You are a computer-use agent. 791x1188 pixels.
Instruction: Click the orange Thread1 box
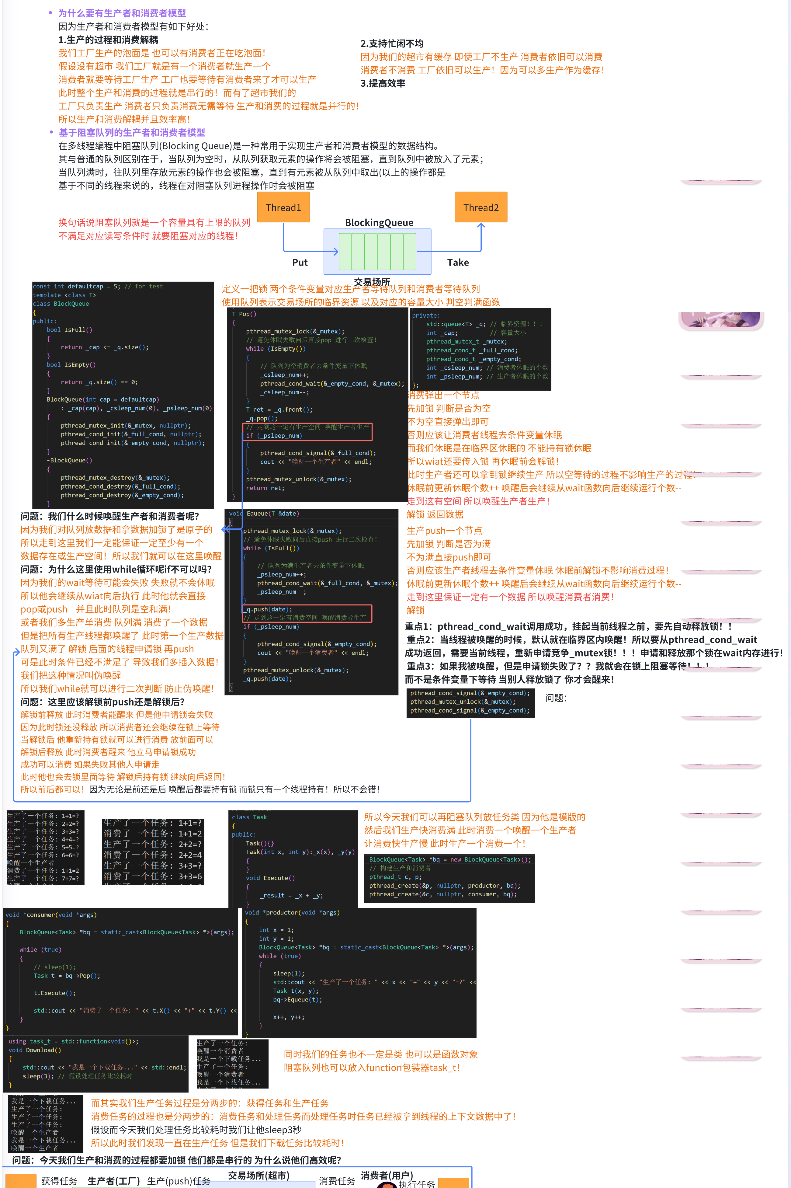(x=283, y=207)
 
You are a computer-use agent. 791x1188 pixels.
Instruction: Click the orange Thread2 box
(x=481, y=207)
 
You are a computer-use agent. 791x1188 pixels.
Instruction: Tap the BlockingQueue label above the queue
(x=379, y=223)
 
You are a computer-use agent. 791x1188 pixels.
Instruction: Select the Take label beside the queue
(x=458, y=263)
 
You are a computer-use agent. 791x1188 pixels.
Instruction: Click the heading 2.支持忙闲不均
(x=391, y=44)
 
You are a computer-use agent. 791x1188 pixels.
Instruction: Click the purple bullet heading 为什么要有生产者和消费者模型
(x=122, y=13)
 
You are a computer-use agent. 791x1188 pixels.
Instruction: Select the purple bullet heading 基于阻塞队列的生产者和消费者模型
(x=132, y=133)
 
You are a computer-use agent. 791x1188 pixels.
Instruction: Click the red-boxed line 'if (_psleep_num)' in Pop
(x=274, y=436)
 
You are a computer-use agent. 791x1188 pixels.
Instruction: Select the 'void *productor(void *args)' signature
(x=292, y=912)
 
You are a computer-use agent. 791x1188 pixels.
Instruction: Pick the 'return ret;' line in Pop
(x=265, y=488)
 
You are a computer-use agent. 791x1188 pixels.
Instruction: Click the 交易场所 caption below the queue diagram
(x=372, y=282)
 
